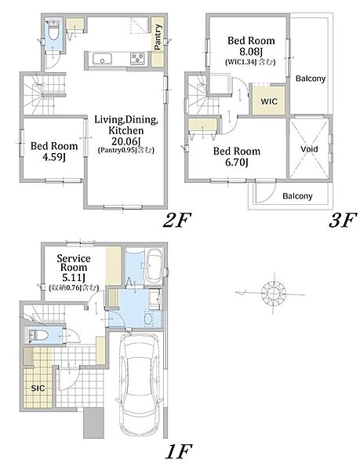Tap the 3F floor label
pos(343,221)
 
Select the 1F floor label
pos(178,451)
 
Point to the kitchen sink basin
pos(102,58)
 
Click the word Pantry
pos(158,37)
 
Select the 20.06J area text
pos(126,141)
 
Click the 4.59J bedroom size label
pos(54,157)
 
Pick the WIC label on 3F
pos(269,101)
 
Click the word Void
pos(309,149)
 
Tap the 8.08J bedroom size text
pos(251,52)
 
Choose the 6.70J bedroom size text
pos(237,162)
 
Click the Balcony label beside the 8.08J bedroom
pos(311,78)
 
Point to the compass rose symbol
pos(273,293)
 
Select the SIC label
pos(38,389)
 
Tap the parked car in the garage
pos(138,385)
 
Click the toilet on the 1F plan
pos(38,335)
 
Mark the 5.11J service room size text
pos(74,277)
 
